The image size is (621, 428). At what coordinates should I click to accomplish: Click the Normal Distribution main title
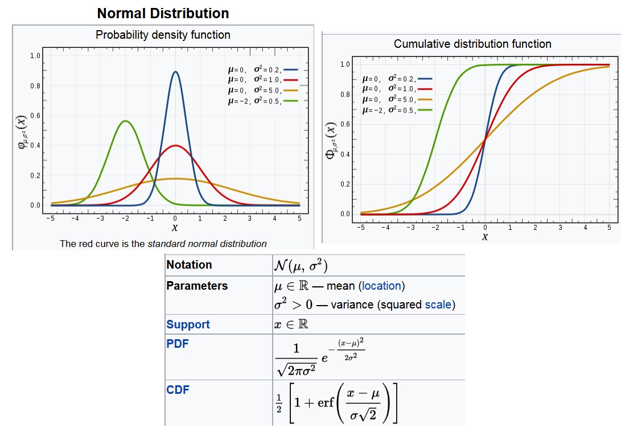[x=163, y=13]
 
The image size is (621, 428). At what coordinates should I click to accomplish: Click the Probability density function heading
[x=163, y=35]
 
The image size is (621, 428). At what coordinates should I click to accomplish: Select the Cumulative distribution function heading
[x=472, y=44]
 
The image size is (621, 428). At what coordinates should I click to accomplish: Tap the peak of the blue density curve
[x=175, y=72]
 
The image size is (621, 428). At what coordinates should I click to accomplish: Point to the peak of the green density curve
[x=125, y=121]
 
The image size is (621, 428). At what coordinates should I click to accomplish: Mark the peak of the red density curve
[x=175, y=146]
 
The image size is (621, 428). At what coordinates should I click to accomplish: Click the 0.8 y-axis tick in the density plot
[x=35, y=87]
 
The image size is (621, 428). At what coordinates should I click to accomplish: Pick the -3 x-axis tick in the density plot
[x=100, y=218]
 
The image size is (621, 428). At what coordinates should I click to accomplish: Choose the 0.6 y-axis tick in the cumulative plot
[x=346, y=124]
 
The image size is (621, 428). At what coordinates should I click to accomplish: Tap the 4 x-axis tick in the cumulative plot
[x=585, y=227]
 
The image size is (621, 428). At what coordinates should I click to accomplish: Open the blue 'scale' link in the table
[x=438, y=304]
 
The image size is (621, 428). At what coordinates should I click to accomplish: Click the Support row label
[x=188, y=324]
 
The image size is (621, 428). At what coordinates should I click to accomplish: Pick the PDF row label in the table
[x=177, y=345]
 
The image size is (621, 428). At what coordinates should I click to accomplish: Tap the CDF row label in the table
[x=177, y=390]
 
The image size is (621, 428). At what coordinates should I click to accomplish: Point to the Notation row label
[x=189, y=265]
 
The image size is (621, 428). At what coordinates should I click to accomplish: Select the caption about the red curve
[x=163, y=244]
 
